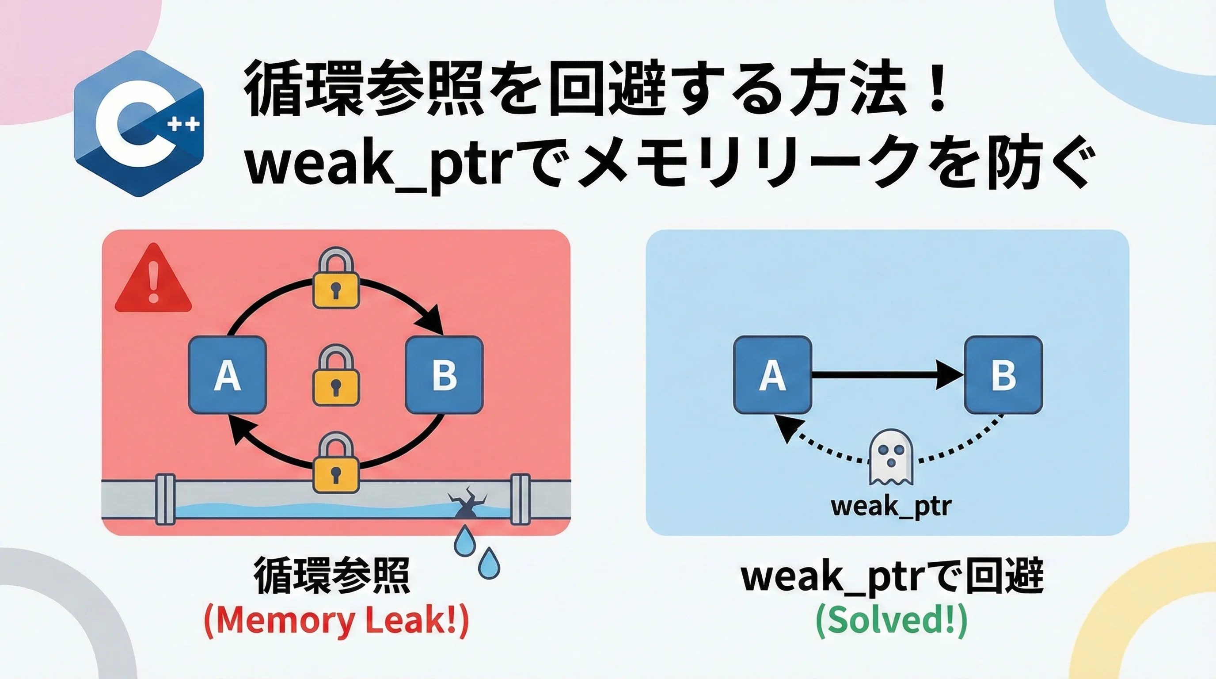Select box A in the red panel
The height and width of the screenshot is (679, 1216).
click(228, 374)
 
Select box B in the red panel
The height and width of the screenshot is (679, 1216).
click(444, 374)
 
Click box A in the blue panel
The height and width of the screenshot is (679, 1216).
click(772, 374)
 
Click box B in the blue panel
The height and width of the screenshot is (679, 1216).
click(1003, 374)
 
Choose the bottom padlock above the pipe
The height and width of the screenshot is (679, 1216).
click(336, 465)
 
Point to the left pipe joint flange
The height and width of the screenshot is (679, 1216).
click(165, 500)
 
